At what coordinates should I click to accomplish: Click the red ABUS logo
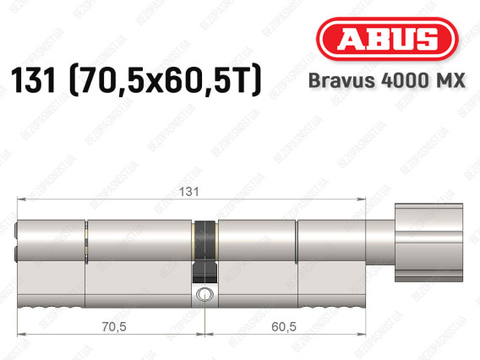[x=387, y=39]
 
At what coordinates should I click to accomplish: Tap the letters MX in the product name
[x=450, y=80]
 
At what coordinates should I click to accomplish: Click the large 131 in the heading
[x=33, y=80]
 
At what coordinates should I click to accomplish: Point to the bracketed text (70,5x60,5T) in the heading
[x=166, y=80]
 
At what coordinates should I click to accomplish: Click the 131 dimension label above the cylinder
[x=188, y=192]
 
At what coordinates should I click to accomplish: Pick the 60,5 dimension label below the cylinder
[x=284, y=327]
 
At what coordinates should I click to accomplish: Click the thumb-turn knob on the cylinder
[x=428, y=243]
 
